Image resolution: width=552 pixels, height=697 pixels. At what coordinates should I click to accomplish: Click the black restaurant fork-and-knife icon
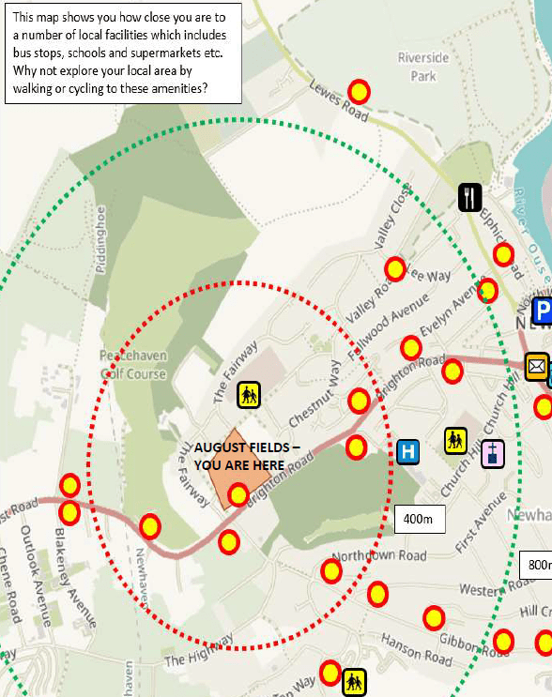[470, 197]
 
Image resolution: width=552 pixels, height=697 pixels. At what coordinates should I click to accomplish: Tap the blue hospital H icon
[407, 451]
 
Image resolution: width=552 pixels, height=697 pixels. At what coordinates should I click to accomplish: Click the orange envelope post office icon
[537, 366]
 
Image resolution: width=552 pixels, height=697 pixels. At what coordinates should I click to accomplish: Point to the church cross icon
[493, 454]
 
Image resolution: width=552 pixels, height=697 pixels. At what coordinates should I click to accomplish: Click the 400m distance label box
[419, 519]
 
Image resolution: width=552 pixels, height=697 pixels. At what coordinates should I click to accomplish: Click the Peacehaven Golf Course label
[133, 365]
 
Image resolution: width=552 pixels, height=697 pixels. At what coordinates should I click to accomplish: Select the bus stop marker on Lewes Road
[359, 92]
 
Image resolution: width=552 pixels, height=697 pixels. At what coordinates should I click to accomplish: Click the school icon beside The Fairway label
[248, 394]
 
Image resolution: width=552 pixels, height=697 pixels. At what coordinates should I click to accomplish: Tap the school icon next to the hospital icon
[455, 439]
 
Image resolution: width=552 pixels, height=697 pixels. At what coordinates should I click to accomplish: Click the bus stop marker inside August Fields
[238, 494]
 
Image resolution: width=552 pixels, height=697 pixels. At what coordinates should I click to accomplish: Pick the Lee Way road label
[428, 277]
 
